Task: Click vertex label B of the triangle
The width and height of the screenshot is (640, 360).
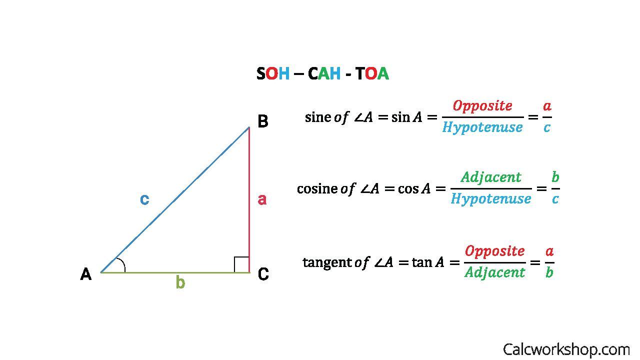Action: pos(262,121)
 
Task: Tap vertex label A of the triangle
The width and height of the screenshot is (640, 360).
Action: pos(86,274)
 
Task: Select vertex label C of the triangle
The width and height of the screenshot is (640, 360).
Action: pos(263,274)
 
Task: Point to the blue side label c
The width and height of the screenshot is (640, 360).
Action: pos(144,199)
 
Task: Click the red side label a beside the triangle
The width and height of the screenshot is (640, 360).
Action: pos(262,199)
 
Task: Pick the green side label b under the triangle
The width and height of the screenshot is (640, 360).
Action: pos(180,283)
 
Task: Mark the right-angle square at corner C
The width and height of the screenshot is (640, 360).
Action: pos(241,264)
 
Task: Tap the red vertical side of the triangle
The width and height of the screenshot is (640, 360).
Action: pos(249,200)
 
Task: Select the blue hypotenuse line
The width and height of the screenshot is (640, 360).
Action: pos(175,200)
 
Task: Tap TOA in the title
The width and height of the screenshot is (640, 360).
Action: pos(372,74)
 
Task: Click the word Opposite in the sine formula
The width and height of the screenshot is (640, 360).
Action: pos(482,106)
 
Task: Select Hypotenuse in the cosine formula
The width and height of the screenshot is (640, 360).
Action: pos(491,199)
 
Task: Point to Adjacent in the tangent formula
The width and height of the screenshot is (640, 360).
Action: pos(495,272)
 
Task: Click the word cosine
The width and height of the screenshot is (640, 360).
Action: pos(317,189)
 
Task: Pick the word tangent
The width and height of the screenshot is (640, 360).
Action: pos(327,262)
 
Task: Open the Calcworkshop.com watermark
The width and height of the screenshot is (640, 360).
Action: pos(566,349)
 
